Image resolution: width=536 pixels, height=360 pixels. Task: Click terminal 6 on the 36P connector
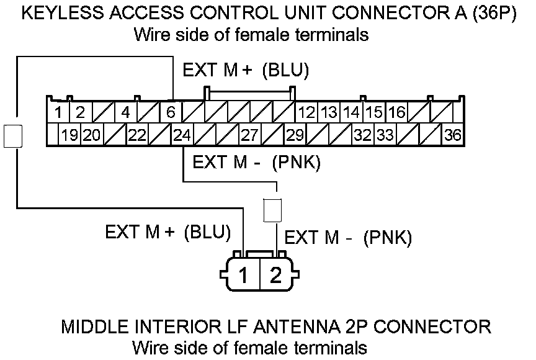(x=170, y=113)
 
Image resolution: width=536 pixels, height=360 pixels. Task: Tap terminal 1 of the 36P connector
(x=58, y=113)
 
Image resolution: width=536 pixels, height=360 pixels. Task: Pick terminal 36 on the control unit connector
(x=452, y=135)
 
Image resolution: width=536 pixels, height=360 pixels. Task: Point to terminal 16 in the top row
(x=396, y=113)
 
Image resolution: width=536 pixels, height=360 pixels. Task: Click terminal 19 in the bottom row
(x=69, y=135)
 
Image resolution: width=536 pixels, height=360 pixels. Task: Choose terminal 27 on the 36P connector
(x=249, y=135)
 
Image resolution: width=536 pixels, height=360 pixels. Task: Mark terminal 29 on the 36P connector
(x=295, y=135)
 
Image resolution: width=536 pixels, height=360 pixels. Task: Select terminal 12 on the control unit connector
(x=306, y=113)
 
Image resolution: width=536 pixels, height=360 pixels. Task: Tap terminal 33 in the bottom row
(x=385, y=135)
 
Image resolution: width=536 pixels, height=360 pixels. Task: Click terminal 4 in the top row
(x=125, y=113)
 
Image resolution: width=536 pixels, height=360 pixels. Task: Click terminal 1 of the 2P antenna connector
(x=244, y=275)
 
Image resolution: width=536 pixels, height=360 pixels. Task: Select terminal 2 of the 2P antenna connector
(x=275, y=275)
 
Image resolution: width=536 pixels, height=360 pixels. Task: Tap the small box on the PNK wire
(x=272, y=210)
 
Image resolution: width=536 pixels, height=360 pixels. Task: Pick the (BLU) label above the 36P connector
(x=285, y=71)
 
